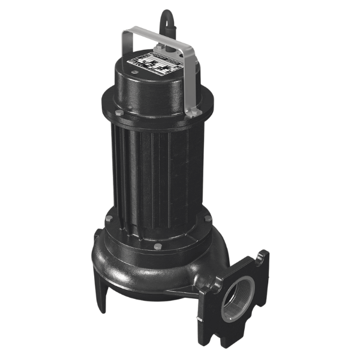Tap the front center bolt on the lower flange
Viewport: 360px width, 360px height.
157,246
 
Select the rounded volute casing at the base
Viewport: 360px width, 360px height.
150,270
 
